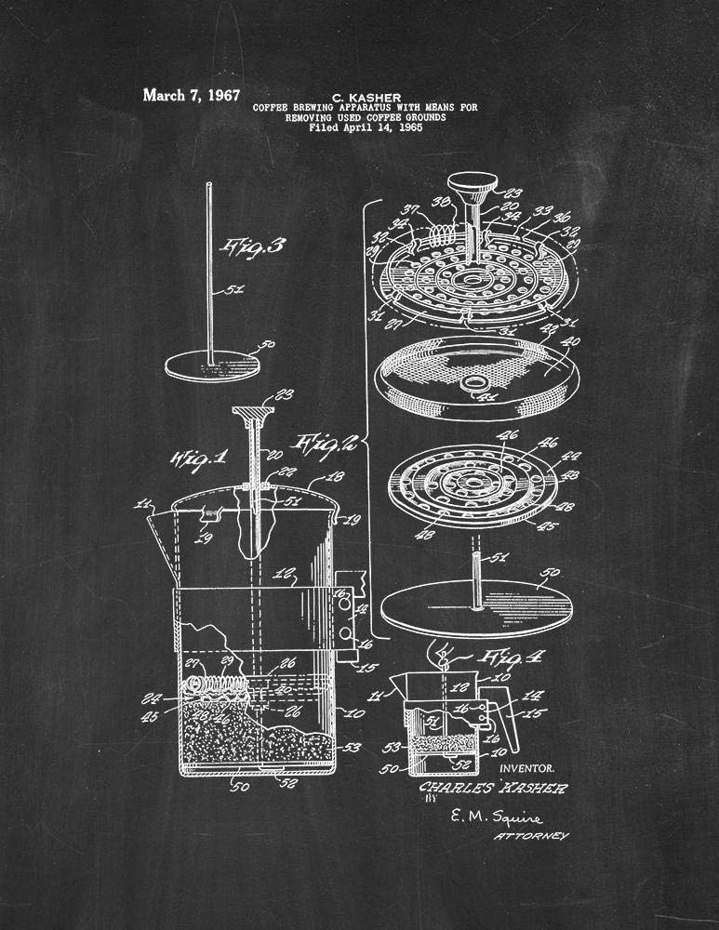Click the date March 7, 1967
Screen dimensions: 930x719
point(191,95)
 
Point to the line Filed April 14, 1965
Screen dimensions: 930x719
point(366,129)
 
